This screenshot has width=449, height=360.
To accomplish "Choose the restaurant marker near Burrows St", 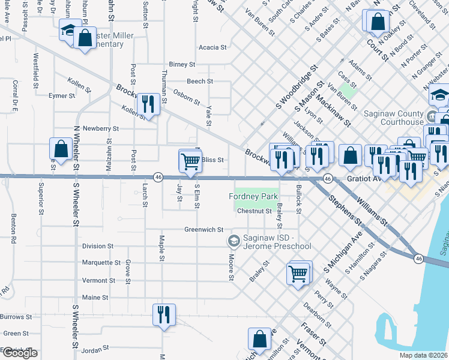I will (x=163, y=314).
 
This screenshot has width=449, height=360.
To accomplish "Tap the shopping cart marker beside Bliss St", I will (x=190, y=160).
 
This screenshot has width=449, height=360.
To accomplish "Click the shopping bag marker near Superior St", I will (x=61, y=148).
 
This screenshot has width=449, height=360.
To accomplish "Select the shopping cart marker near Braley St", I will (x=298, y=274).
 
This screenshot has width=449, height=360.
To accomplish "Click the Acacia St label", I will (x=212, y=47).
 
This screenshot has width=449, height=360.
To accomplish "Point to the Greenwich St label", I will (x=203, y=229).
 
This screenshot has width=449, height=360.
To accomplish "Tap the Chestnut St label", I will (x=255, y=211).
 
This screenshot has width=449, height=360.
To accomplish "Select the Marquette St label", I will (x=101, y=263).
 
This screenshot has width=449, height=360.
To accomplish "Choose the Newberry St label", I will (x=101, y=128).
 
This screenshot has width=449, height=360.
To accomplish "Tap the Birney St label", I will (x=182, y=64).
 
